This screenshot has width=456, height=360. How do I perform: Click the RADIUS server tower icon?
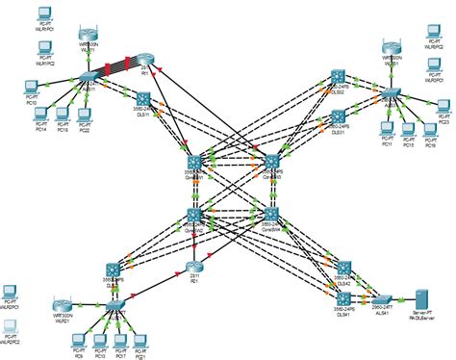point(419,297)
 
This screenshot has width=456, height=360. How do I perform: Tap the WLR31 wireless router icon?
point(391,46)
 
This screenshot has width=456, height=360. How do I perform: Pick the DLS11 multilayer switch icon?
point(143,99)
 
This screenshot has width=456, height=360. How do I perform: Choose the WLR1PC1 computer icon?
point(43,13)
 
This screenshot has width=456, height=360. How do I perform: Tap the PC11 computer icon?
point(387,128)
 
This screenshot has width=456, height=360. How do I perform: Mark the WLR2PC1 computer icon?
point(11,291)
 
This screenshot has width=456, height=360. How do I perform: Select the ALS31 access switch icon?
point(390,94)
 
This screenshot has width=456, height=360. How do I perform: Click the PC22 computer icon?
point(84,116)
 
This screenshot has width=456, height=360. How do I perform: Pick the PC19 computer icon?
point(429,130)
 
